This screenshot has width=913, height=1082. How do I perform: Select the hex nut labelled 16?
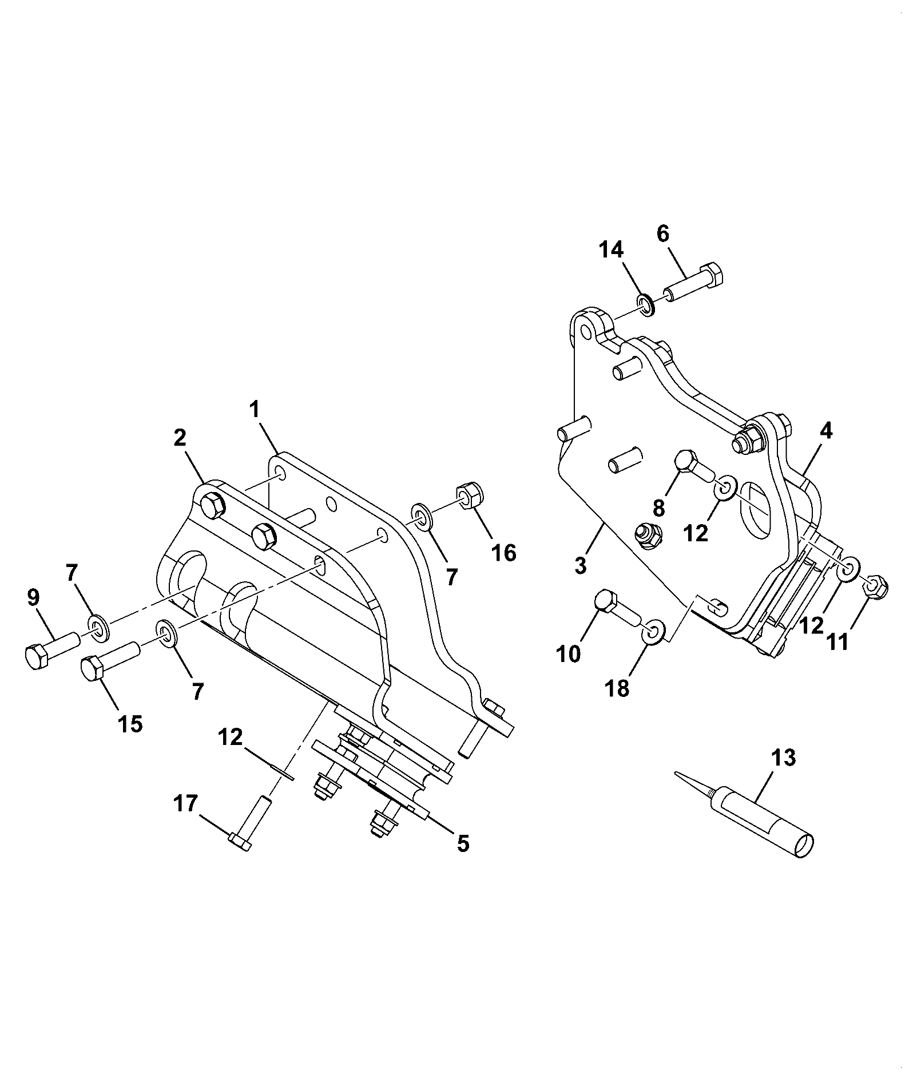470,496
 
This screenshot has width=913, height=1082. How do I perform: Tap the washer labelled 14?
645,304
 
